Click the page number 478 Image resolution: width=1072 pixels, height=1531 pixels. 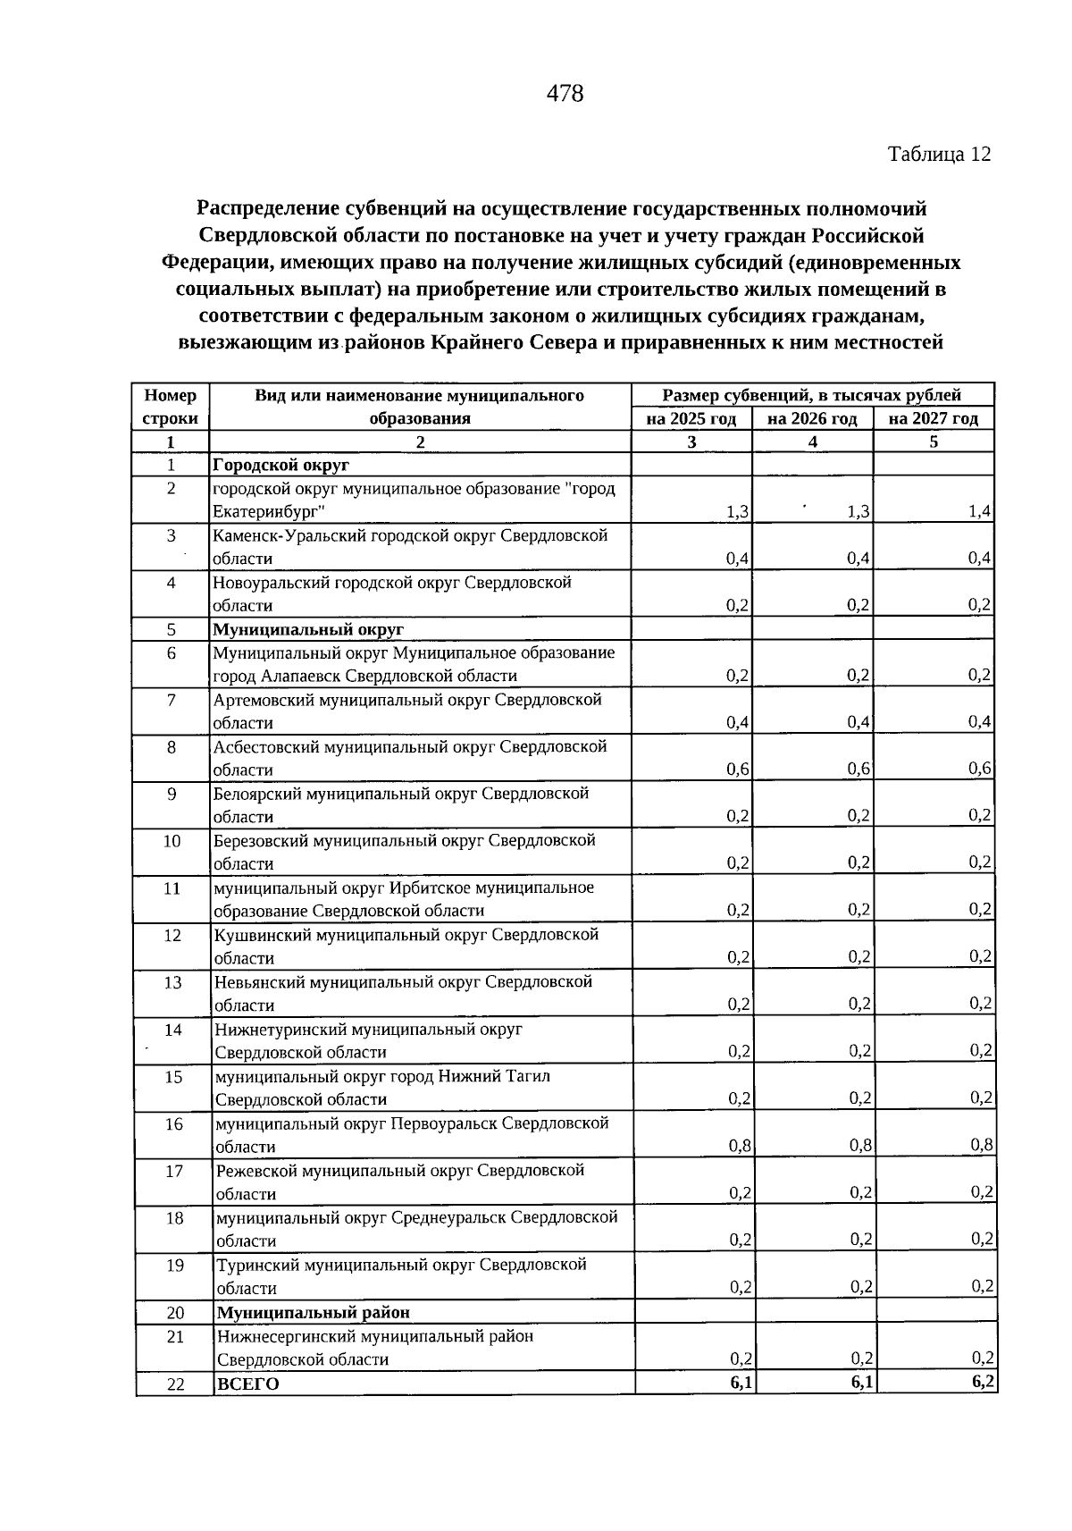(x=564, y=93)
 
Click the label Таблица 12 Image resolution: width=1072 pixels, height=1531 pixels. (x=939, y=154)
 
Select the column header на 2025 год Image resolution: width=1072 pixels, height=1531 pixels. (x=691, y=418)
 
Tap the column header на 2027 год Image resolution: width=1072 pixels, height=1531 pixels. (x=934, y=418)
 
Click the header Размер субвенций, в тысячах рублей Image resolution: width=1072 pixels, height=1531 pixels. (x=811, y=395)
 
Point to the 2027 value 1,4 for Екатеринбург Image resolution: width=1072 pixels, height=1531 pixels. (x=980, y=511)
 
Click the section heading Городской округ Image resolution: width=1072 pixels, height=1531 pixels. (x=281, y=465)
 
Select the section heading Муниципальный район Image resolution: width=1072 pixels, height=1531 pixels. (x=314, y=1312)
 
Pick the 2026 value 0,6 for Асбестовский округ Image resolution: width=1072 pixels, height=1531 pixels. (x=859, y=769)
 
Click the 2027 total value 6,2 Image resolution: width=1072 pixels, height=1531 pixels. (x=984, y=1382)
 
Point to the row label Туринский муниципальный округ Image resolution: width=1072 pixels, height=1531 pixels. (x=401, y=1265)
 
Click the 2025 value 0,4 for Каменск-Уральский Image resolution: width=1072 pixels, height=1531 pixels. (x=738, y=559)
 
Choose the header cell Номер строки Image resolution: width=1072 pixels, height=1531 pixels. (x=170, y=407)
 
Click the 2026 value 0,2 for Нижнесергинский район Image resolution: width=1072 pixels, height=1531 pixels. (x=861, y=1359)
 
